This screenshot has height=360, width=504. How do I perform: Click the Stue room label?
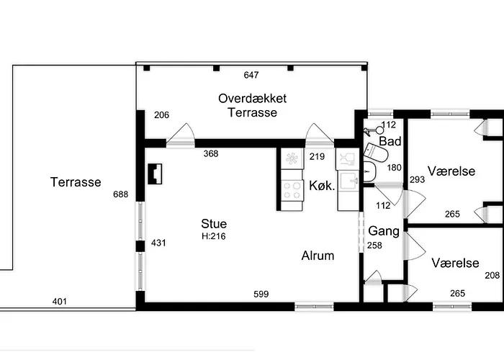point(214,224)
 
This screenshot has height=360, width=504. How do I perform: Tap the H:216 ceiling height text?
point(214,236)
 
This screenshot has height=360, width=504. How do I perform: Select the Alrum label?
point(318,256)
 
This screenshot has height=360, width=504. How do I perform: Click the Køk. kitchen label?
point(322,186)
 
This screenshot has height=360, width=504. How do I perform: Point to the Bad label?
point(390,141)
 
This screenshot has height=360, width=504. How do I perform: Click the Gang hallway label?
point(384,231)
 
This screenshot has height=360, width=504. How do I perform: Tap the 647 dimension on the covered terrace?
point(251,75)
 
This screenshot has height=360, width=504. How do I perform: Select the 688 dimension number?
point(120,194)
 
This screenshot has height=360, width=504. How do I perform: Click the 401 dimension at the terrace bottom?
point(60,302)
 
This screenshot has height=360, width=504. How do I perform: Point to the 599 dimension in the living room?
point(261,294)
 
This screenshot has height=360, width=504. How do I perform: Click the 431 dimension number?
point(158,243)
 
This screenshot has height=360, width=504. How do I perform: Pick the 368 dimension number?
point(211,153)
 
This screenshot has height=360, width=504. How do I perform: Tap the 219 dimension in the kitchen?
point(317,156)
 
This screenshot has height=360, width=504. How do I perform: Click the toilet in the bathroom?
point(375,153)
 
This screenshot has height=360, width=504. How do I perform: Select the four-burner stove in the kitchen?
point(292,190)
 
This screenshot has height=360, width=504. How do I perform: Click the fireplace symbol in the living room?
point(155,174)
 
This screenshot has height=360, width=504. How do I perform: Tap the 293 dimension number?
point(417,179)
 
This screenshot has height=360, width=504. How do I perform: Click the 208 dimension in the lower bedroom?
point(492,275)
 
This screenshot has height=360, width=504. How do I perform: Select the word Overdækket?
point(252,99)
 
